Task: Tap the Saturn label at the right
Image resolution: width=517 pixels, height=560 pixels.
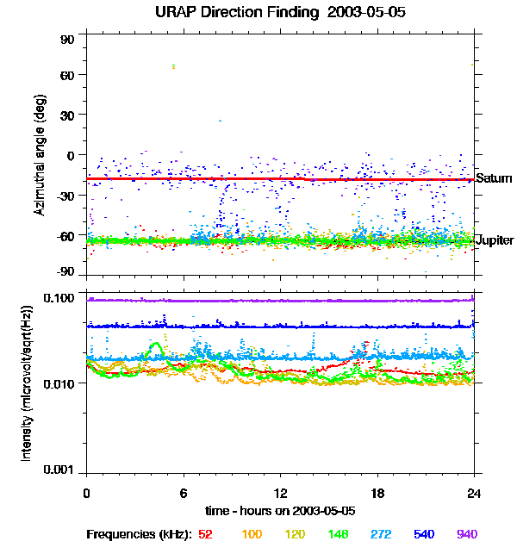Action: point(494,178)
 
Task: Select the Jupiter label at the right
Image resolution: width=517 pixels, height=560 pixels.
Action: point(495,240)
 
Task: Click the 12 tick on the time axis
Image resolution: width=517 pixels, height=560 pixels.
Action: point(281,493)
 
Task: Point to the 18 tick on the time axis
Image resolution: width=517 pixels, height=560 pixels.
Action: point(377,493)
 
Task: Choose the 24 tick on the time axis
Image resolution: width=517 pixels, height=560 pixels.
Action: point(474,493)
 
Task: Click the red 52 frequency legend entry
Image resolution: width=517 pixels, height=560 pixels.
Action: point(205,535)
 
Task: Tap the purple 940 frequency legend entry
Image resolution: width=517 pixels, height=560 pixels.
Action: point(466,535)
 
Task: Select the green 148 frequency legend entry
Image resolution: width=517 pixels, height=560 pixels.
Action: point(337,535)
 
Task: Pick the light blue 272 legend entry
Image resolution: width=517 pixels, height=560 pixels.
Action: point(380,535)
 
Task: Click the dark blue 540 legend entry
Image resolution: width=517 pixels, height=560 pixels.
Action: point(423,535)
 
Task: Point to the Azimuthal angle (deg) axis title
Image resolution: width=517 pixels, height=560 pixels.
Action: point(40,155)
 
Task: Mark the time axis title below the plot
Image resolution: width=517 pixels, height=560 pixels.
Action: point(281,511)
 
